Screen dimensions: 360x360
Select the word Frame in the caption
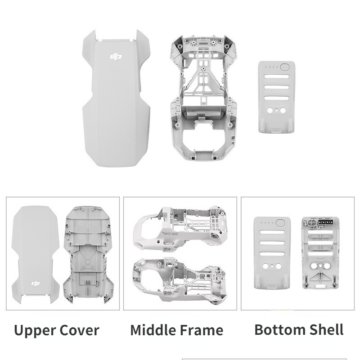click(201, 330)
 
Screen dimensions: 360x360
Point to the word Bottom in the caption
click(279, 330)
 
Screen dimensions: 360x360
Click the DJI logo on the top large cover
click(116, 57)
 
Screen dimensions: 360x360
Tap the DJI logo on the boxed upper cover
click(36, 283)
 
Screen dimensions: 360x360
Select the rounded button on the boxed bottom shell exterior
click(280, 223)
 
